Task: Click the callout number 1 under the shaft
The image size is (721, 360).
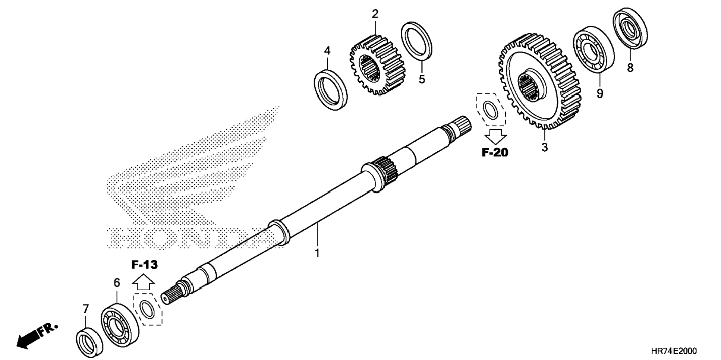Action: (x=317, y=253)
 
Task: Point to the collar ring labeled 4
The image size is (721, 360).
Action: (x=330, y=90)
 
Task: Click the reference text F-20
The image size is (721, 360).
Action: (x=495, y=152)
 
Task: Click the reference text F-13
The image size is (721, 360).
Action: (x=144, y=265)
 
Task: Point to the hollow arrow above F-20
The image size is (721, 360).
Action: (x=495, y=136)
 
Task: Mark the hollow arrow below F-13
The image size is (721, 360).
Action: (x=143, y=282)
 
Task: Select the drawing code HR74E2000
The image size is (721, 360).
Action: (x=674, y=351)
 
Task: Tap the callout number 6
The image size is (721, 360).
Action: (x=117, y=283)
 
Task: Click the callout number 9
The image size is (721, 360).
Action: (x=599, y=93)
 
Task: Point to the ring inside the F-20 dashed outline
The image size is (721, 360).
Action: (x=491, y=109)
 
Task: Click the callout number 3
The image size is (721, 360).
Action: (x=545, y=147)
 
